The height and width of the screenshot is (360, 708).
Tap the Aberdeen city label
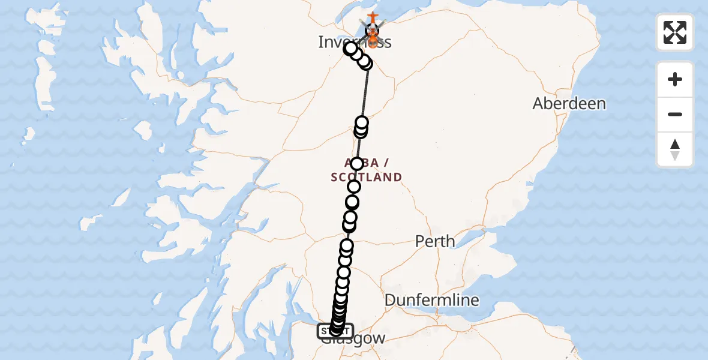coord(569,104)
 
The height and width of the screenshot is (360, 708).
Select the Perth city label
coord(436,242)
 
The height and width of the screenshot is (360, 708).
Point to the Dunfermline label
coord(432,300)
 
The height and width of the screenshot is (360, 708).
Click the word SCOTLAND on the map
coord(366,177)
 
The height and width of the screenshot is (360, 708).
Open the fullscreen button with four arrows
coord(675,32)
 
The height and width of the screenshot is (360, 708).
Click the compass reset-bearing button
coord(675,150)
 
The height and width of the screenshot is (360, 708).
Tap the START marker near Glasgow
coord(335,331)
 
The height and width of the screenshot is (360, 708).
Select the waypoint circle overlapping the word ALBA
coord(357,164)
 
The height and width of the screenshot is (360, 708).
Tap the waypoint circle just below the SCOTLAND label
coord(354,187)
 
